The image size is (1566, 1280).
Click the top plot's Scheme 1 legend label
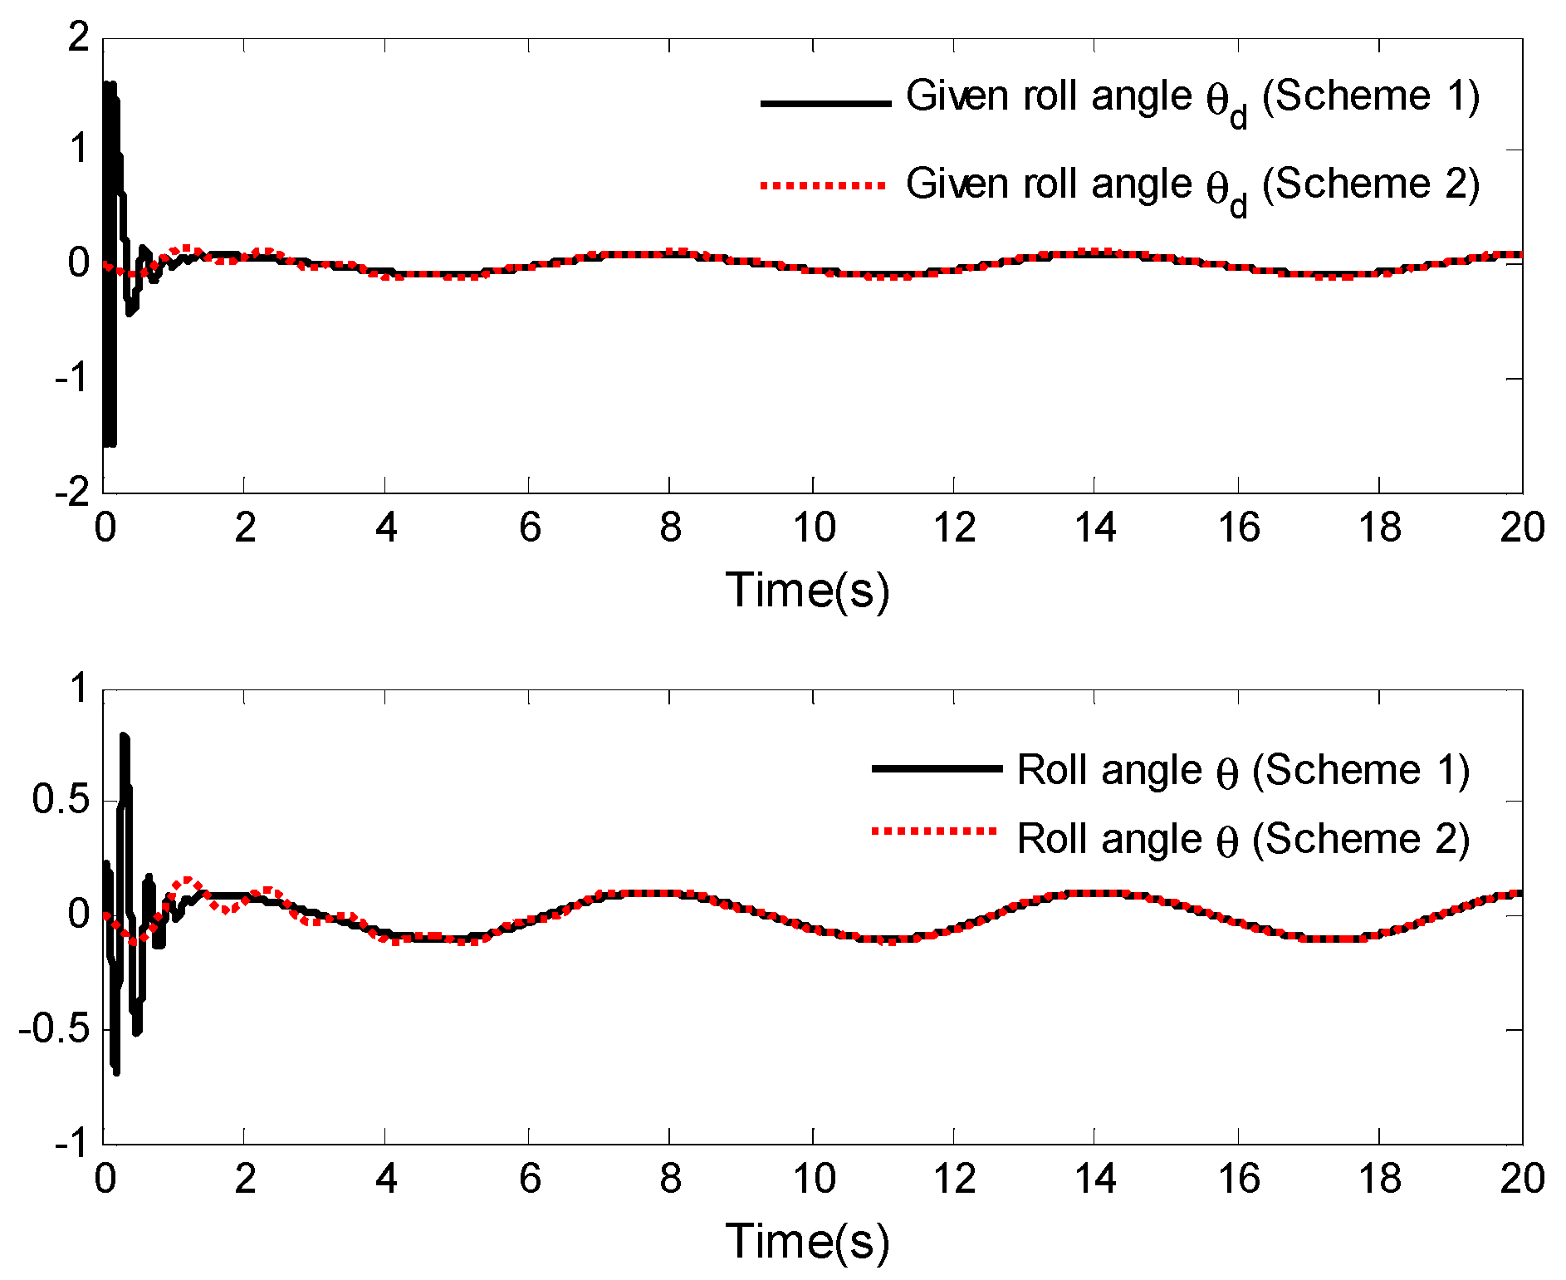(1192, 97)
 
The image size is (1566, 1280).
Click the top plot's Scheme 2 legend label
(1192, 185)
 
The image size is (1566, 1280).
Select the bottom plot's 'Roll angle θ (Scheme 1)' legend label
(1243, 771)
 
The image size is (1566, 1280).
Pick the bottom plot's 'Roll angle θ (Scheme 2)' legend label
(1243, 840)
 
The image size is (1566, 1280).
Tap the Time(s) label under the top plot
(807, 591)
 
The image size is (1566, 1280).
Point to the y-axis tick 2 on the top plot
(78, 38)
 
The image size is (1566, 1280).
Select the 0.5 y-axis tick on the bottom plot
(60, 801)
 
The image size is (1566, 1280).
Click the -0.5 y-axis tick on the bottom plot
(53, 1030)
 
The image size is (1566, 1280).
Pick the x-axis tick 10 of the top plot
(814, 527)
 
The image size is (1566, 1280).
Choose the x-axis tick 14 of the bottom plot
(1095, 1179)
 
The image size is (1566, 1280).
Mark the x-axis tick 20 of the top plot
(1521, 527)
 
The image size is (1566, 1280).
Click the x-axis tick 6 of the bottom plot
(530, 1179)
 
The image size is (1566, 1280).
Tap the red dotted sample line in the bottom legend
(934, 830)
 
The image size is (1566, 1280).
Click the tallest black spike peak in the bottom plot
(125, 737)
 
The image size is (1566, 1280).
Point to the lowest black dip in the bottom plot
(115, 1072)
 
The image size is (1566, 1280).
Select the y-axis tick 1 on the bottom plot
(78, 689)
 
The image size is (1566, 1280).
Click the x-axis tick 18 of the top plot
(1379, 527)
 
